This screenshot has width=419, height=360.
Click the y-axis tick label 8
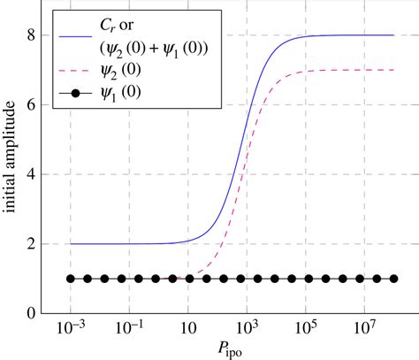[x=30, y=35]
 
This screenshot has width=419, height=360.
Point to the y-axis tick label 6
[x=30, y=104]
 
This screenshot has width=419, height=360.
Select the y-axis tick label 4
[x=30, y=174]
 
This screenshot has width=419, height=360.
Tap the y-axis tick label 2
[x=30, y=243]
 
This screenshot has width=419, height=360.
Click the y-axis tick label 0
[x=30, y=313]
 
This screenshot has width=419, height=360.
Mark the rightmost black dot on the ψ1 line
[x=393, y=279]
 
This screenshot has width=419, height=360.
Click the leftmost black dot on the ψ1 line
[x=71, y=279]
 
